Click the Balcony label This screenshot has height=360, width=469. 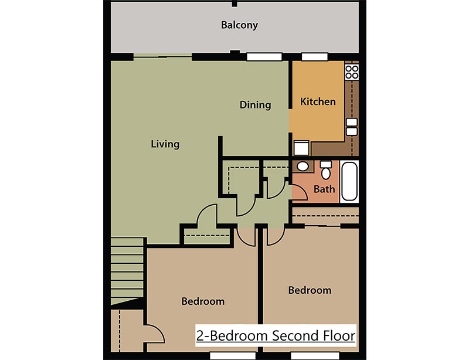[239, 25]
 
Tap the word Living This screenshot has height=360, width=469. [165, 144]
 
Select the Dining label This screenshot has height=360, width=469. [255, 105]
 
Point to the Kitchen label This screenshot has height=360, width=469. [318, 101]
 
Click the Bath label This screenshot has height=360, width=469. [324, 189]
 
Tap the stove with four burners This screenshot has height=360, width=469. [352, 72]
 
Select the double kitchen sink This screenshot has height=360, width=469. [352, 127]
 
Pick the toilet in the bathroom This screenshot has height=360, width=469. [326, 169]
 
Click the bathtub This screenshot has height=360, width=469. [349, 182]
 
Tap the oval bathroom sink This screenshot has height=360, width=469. [303, 167]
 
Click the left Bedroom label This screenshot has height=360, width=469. [203, 301]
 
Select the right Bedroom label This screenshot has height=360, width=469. [310, 290]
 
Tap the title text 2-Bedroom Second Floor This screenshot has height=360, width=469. [276, 336]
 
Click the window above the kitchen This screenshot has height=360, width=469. [314, 56]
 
